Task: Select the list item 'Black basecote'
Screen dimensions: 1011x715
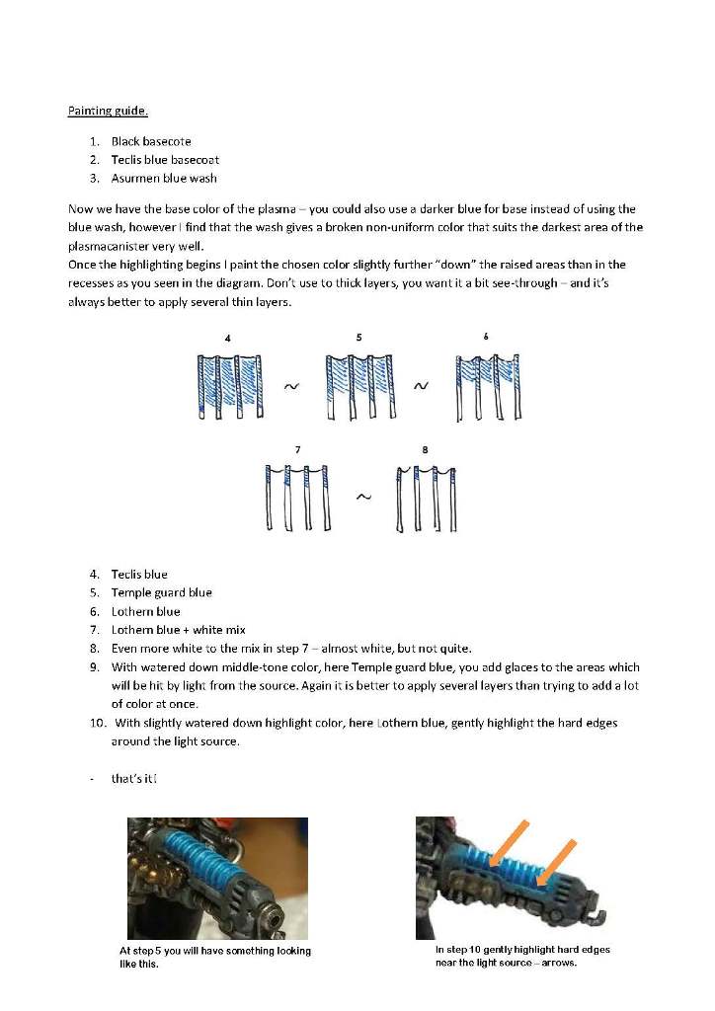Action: pyautogui.click(x=151, y=141)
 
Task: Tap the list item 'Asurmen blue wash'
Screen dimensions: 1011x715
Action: pyautogui.click(x=164, y=178)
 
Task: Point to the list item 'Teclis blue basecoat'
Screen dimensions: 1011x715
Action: pyautogui.click(x=165, y=160)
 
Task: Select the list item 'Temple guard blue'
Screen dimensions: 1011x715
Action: pyautogui.click(x=161, y=592)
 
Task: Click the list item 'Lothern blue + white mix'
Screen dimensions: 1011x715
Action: pyautogui.click(x=178, y=629)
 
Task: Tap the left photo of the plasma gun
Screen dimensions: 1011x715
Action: pyautogui.click(x=217, y=878)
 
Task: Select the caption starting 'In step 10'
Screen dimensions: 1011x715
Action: pyautogui.click(x=522, y=956)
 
